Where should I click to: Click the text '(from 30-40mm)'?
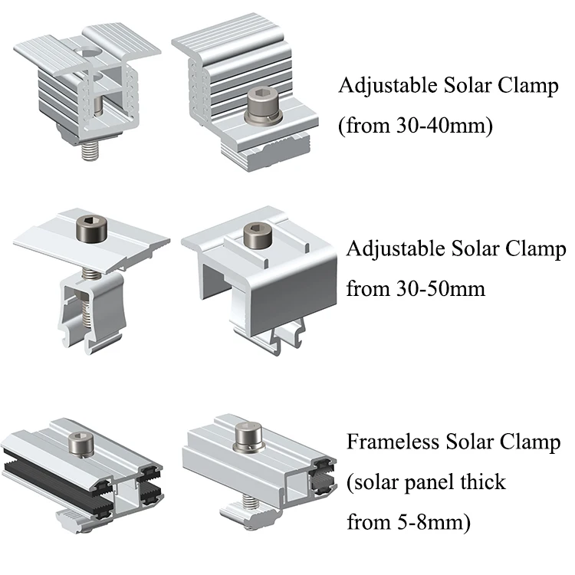(414, 125)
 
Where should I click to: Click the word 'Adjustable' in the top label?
(386, 86)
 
